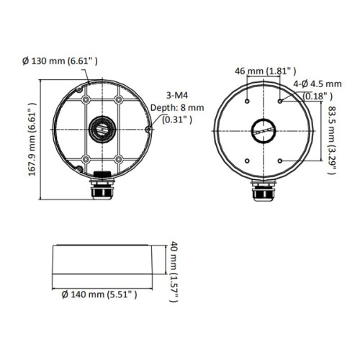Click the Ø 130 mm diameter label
click(58, 62)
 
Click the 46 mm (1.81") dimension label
click(266, 71)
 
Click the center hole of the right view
click(263, 132)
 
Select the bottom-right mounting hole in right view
click(279, 161)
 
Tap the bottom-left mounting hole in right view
click(248, 161)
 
